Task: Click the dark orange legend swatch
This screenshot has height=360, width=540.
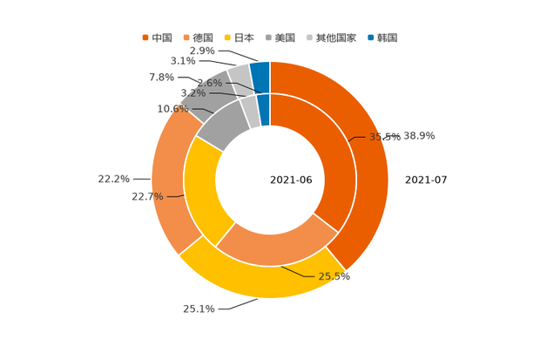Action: tap(145, 37)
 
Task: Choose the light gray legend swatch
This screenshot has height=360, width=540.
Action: tap(309, 37)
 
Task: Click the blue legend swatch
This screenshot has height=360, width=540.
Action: tap(371, 37)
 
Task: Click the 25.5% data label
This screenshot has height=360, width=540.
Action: tap(334, 277)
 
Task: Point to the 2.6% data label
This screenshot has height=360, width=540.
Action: tap(210, 83)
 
